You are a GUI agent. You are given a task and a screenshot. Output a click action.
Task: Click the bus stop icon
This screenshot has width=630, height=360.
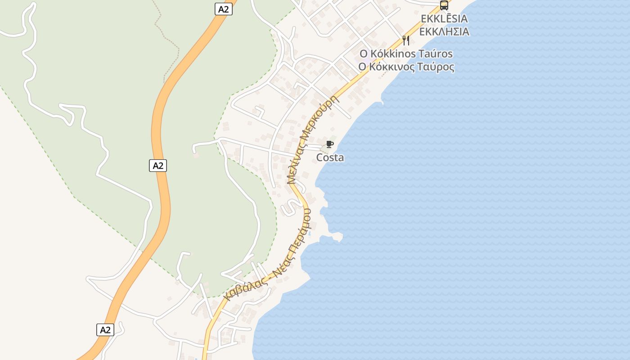pyautogui.click(x=444, y=5)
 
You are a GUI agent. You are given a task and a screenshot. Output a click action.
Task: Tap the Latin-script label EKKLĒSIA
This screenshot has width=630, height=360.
pyautogui.click(x=444, y=19)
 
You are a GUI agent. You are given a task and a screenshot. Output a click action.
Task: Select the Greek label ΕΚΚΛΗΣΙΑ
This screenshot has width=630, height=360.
pyautogui.click(x=444, y=31)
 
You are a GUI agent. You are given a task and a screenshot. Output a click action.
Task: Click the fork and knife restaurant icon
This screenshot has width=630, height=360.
pyautogui.click(x=406, y=40)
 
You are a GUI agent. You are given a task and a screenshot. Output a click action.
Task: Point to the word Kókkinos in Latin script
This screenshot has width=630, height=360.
pyautogui.click(x=394, y=54)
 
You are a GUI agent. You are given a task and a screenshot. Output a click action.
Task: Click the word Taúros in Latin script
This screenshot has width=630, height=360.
pyautogui.click(x=436, y=54)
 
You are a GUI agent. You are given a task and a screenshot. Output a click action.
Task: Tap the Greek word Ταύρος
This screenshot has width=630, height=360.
pyautogui.click(x=436, y=67)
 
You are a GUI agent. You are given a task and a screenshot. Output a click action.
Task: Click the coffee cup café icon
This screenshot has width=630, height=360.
pyautogui.click(x=330, y=144)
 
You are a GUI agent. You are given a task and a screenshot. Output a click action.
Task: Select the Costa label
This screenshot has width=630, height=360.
pyautogui.click(x=330, y=157)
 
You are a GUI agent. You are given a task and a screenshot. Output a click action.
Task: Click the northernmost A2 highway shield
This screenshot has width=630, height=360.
pyautogui.click(x=223, y=9)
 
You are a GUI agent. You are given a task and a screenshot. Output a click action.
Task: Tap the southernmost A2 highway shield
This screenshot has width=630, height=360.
pyautogui.click(x=105, y=330)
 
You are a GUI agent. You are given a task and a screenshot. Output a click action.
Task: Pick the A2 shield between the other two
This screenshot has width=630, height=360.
pyautogui.click(x=158, y=166)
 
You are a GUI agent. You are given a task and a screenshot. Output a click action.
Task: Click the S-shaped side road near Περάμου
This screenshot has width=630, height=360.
pyautogui.click(x=288, y=207)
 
